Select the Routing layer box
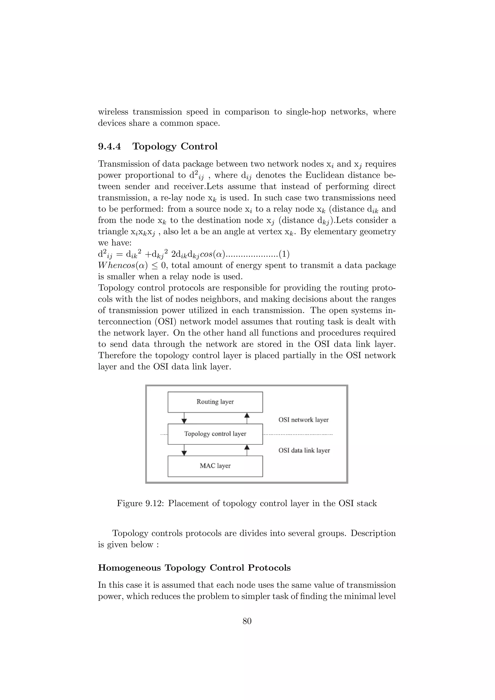tap(215, 402)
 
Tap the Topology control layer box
tap(215, 434)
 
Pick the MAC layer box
tap(215, 466)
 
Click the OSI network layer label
tap(304, 420)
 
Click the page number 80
tap(247, 621)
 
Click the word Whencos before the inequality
tap(116, 265)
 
